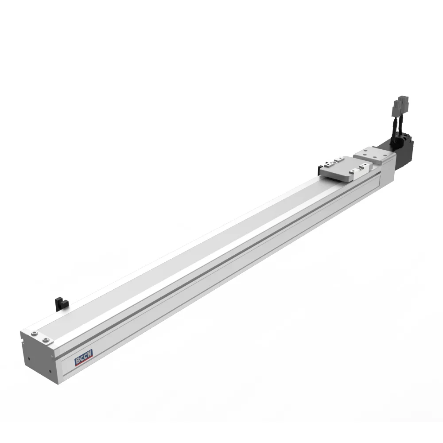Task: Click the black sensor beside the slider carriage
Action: (x=319, y=169)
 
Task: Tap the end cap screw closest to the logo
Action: (x=46, y=339)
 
